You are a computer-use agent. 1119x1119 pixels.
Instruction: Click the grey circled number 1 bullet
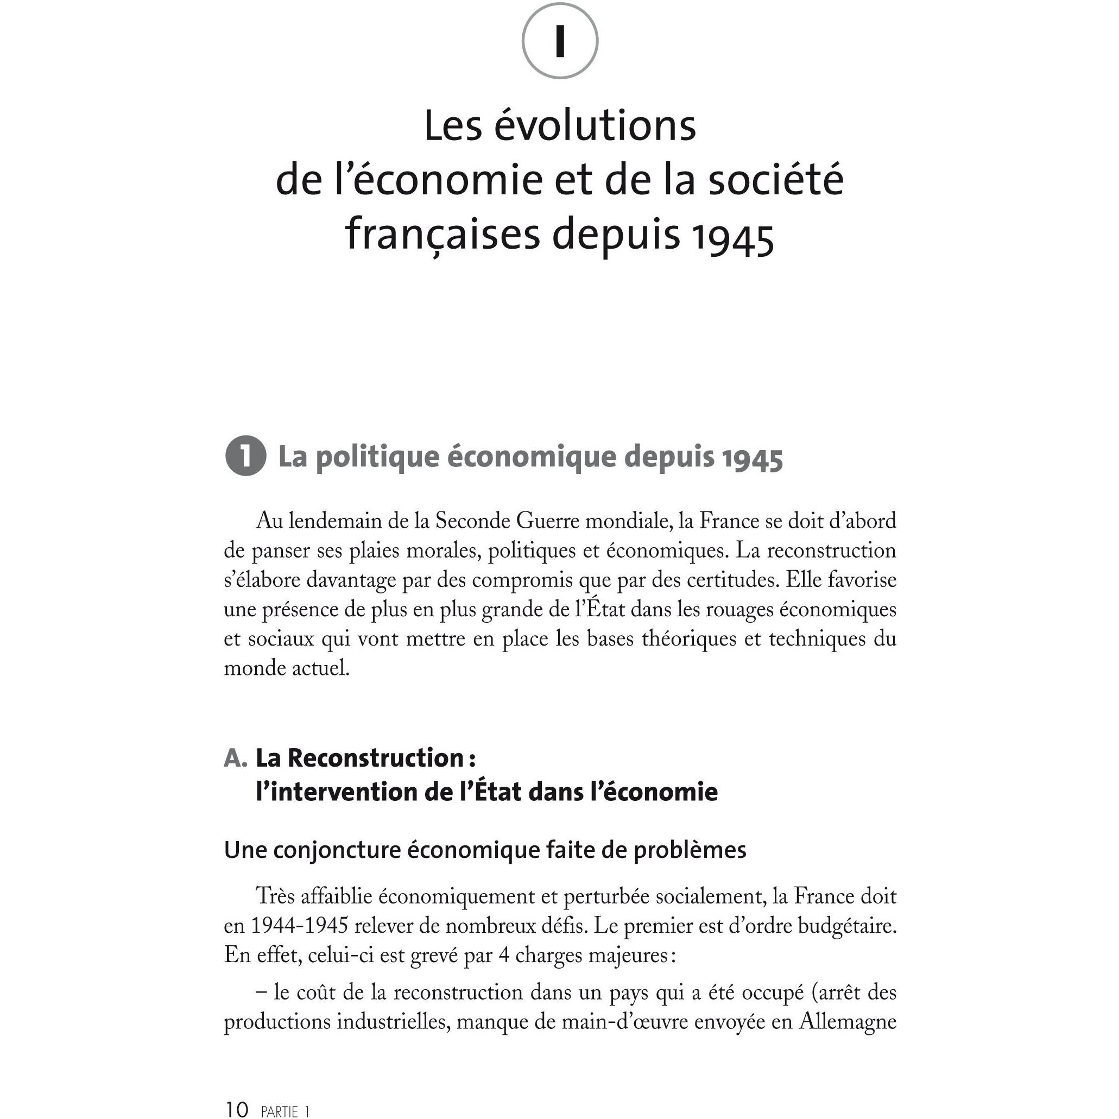pyautogui.click(x=245, y=457)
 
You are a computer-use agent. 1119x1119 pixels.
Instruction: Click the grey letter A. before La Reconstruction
pyautogui.click(x=235, y=758)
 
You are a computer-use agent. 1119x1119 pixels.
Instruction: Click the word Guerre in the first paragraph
pyautogui.click(x=548, y=521)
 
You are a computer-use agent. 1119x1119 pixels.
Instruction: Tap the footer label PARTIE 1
pyautogui.click(x=285, y=1110)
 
